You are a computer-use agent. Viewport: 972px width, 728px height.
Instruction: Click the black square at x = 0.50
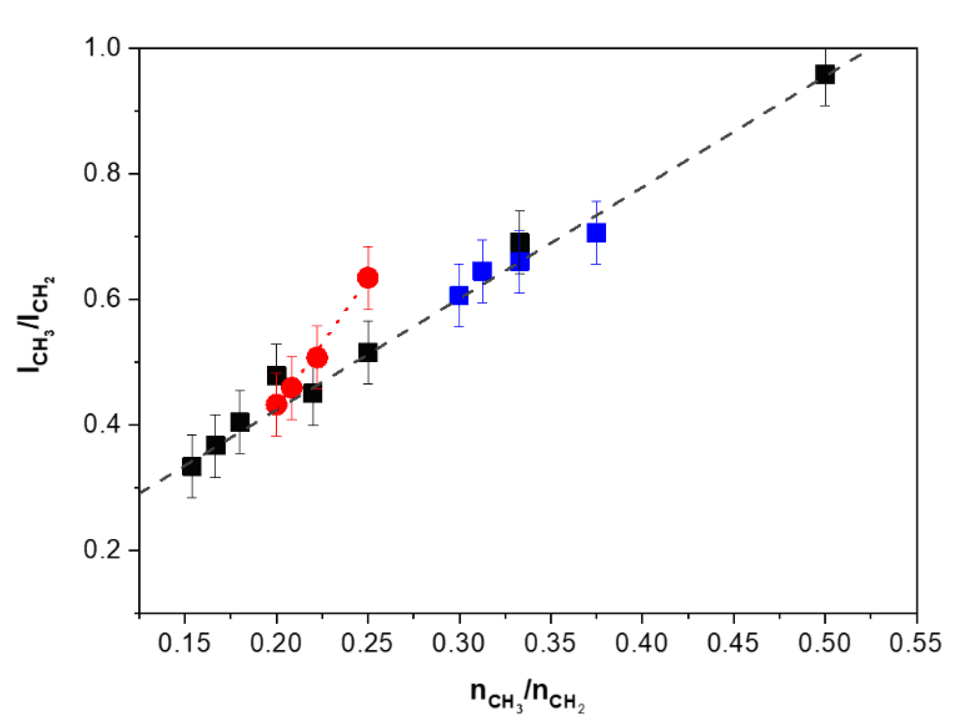point(825,74)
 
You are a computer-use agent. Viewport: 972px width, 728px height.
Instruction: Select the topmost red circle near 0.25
point(368,278)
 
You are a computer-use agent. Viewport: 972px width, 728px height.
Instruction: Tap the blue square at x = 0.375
point(596,232)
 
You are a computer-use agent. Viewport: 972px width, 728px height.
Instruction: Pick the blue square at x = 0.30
point(459,295)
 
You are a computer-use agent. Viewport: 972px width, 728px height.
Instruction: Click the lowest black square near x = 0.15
point(191,466)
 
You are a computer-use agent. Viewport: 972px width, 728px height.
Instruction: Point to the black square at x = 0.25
point(368,353)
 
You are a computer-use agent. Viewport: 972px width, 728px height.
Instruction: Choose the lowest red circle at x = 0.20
point(276,405)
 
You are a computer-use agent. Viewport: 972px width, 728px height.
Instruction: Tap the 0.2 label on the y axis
point(102,550)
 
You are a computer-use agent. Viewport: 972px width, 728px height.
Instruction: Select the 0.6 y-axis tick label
point(102,298)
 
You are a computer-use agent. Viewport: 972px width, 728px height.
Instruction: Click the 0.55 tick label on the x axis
point(915,643)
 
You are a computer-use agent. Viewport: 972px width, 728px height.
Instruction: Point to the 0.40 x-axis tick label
point(641,643)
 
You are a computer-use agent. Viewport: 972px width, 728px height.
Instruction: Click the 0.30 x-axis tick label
point(458,643)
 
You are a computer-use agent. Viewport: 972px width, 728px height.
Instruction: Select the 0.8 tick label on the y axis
point(102,173)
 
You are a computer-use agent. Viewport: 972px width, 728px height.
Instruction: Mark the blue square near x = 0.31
point(482,271)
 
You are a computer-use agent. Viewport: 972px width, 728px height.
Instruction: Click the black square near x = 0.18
point(240,422)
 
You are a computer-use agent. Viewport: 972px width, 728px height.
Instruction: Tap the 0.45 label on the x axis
point(733,643)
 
